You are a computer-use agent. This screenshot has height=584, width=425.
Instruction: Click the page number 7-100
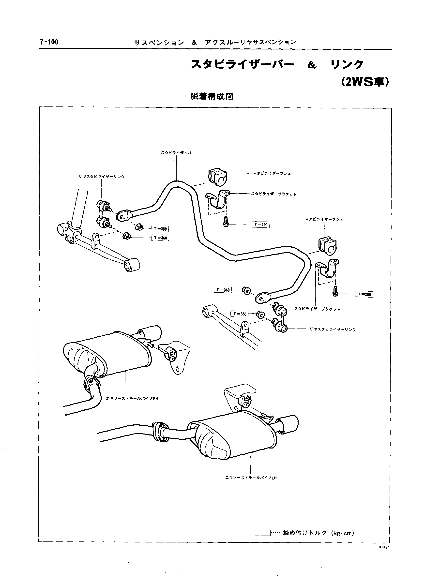49,42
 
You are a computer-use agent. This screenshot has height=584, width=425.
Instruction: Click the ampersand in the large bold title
312,65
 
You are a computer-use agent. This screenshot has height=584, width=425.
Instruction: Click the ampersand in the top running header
194,43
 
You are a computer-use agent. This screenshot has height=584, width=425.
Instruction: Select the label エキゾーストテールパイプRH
132,399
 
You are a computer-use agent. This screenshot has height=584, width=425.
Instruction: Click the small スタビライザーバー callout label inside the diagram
178,153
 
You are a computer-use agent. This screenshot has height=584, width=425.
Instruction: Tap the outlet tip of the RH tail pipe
154,332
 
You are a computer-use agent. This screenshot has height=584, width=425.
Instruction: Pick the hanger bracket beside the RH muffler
175,357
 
